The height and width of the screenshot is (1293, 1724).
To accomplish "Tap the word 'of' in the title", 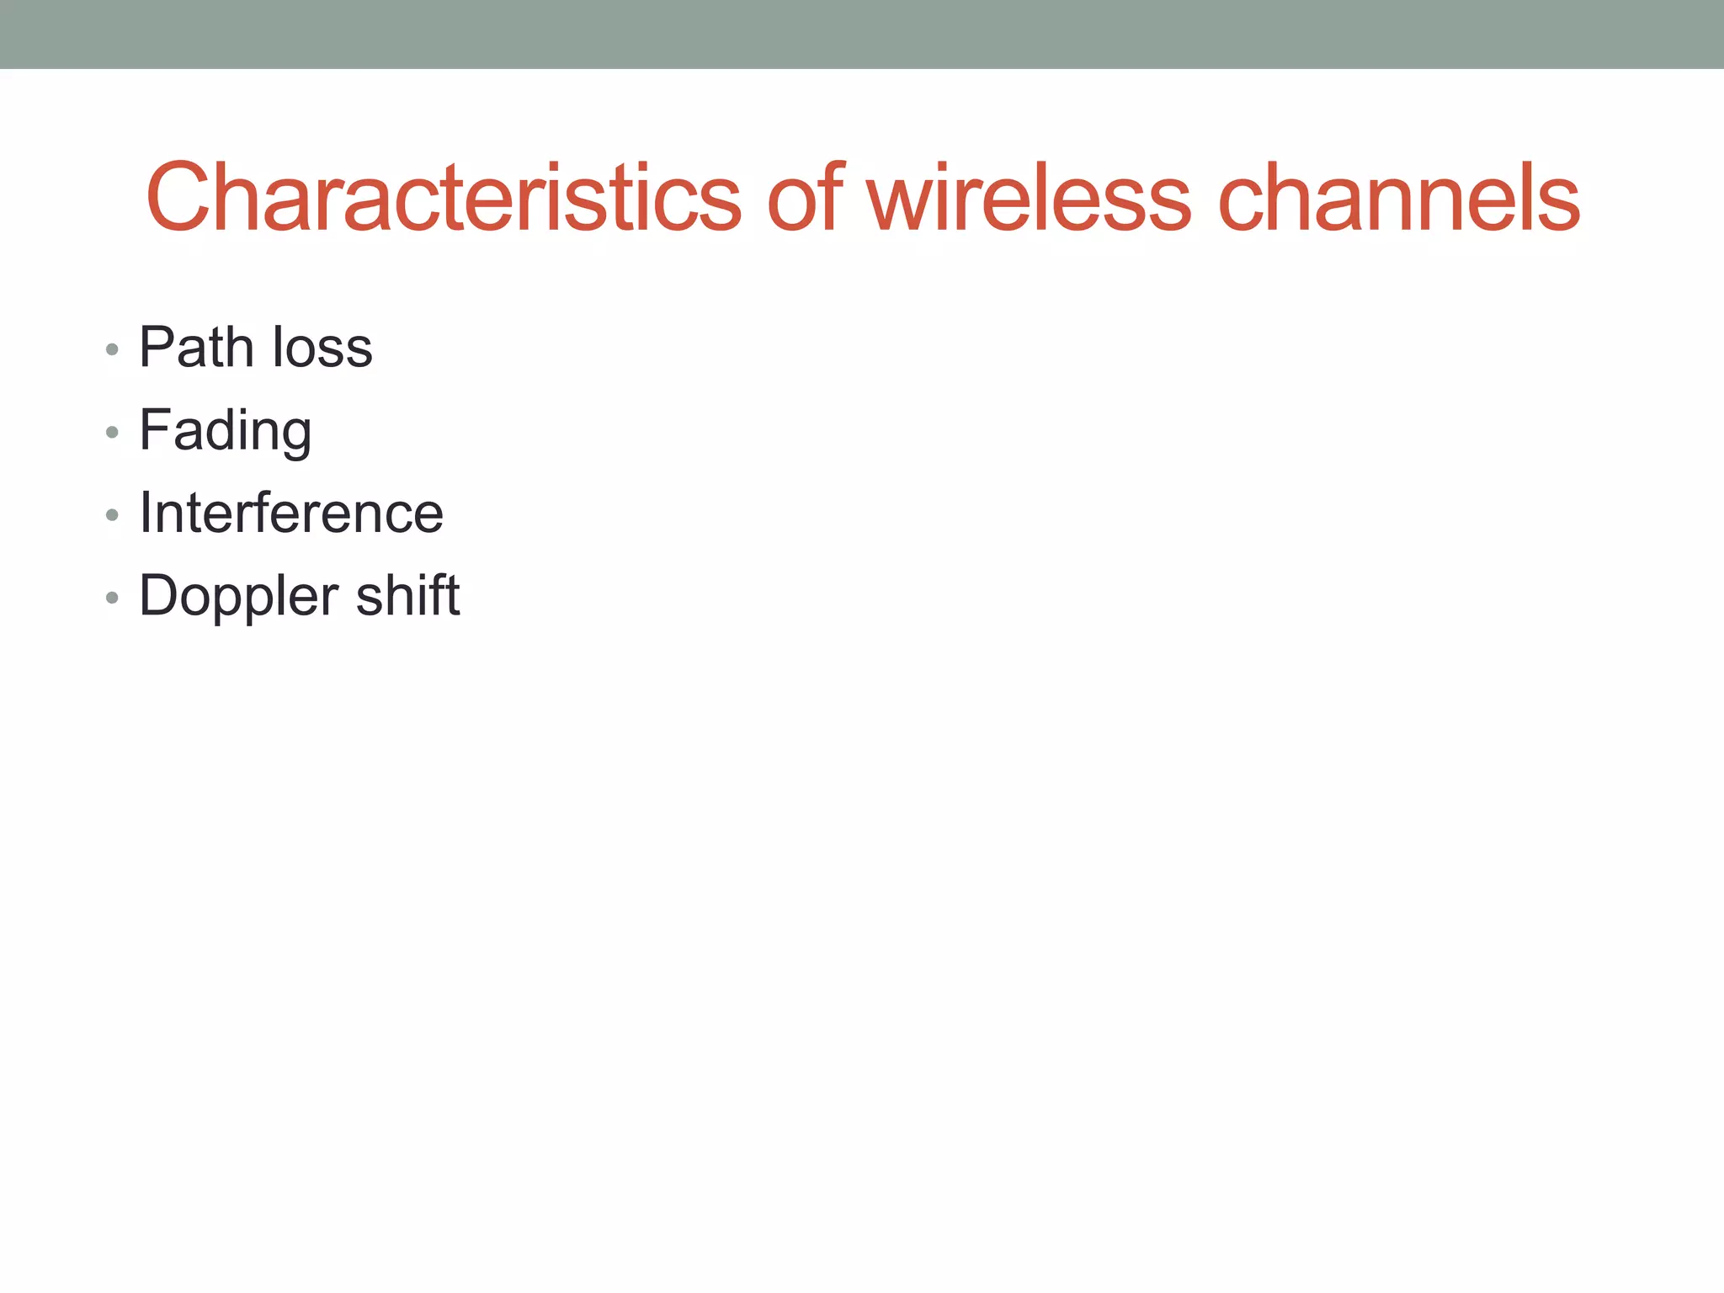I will coord(804,199).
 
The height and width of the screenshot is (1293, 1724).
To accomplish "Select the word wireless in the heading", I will coord(1029,199).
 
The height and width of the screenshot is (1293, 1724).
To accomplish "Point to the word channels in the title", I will coord(1399,199).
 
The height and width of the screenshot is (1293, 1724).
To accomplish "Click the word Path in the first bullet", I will coord(196,347).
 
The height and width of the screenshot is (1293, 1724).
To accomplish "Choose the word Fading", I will coord(225,431).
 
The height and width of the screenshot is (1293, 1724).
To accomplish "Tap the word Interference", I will coord(291,513).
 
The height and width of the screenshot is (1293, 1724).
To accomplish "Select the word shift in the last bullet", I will coord(408,595).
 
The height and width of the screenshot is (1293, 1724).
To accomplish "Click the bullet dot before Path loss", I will coord(112,349).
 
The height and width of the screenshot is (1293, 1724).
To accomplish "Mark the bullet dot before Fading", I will coord(112,433).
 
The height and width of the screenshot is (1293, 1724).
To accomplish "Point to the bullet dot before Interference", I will coord(112,515).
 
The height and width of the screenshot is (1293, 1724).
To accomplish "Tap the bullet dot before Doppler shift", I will coord(112,598).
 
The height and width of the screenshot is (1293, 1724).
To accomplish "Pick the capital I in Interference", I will coord(146,512).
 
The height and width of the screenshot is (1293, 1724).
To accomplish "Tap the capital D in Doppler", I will coord(161,594).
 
